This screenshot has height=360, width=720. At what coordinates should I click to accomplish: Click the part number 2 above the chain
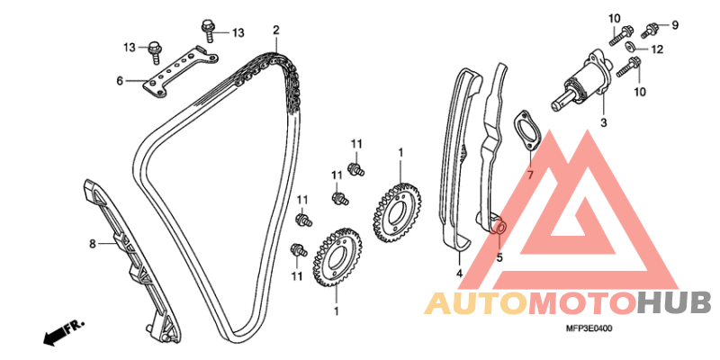[x=276, y=31]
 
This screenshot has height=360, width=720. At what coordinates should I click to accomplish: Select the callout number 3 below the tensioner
[x=604, y=123]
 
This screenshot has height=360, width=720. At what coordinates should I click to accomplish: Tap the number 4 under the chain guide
[x=459, y=274]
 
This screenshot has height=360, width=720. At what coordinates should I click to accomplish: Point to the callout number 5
[x=499, y=257]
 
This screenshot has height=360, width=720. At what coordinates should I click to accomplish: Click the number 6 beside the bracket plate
[x=120, y=81]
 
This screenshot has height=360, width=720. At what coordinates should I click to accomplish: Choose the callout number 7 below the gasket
[x=529, y=175]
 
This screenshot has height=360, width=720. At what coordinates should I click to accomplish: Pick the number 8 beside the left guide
[x=93, y=244]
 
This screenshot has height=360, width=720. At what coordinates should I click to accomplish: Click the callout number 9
[x=674, y=25]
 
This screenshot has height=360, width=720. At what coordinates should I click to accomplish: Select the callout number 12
[x=658, y=49]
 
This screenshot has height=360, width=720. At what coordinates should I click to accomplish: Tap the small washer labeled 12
[x=631, y=47]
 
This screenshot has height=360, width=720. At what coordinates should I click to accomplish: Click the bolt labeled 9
[x=649, y=30]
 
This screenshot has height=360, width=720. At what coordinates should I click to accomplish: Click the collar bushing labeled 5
[x=499, y=228]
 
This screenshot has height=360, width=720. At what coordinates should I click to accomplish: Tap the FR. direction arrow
[x=63, y=332]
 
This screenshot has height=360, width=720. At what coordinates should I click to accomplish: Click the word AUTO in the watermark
[x=477, y=303]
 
